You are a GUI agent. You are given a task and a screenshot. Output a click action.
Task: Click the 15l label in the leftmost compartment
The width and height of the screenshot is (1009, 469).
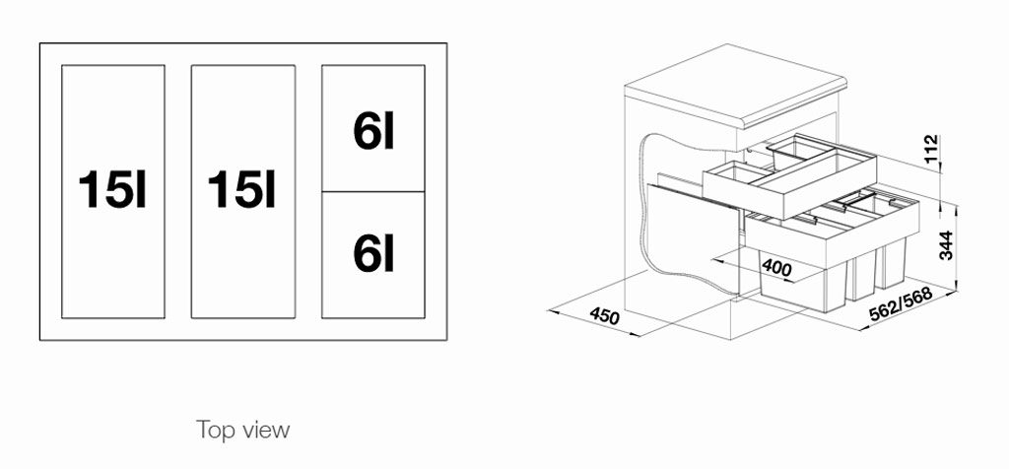coord(112,190)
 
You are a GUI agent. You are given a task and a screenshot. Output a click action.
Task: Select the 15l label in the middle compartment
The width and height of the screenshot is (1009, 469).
coord(242,190)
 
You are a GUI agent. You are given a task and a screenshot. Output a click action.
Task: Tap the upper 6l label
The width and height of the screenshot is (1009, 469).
coord(373,131)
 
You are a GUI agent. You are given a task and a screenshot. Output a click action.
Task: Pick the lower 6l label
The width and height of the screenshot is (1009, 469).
coord(373,253)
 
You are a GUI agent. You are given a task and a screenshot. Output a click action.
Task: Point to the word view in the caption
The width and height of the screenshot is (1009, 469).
coord(267,430)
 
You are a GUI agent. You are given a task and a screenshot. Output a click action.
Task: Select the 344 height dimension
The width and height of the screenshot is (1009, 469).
coord(946,244)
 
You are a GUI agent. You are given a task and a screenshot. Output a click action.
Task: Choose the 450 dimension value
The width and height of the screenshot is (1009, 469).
coord(604,316)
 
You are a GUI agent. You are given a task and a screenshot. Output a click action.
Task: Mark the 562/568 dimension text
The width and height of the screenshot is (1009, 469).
coord(901,304)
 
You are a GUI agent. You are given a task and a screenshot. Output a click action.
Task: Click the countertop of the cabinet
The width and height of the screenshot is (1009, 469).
coord(735,86)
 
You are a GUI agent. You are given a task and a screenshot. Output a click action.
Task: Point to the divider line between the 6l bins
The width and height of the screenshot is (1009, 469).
coord(373,192)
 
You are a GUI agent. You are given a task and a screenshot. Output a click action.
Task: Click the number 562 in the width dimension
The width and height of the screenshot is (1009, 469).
coord(883,311)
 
